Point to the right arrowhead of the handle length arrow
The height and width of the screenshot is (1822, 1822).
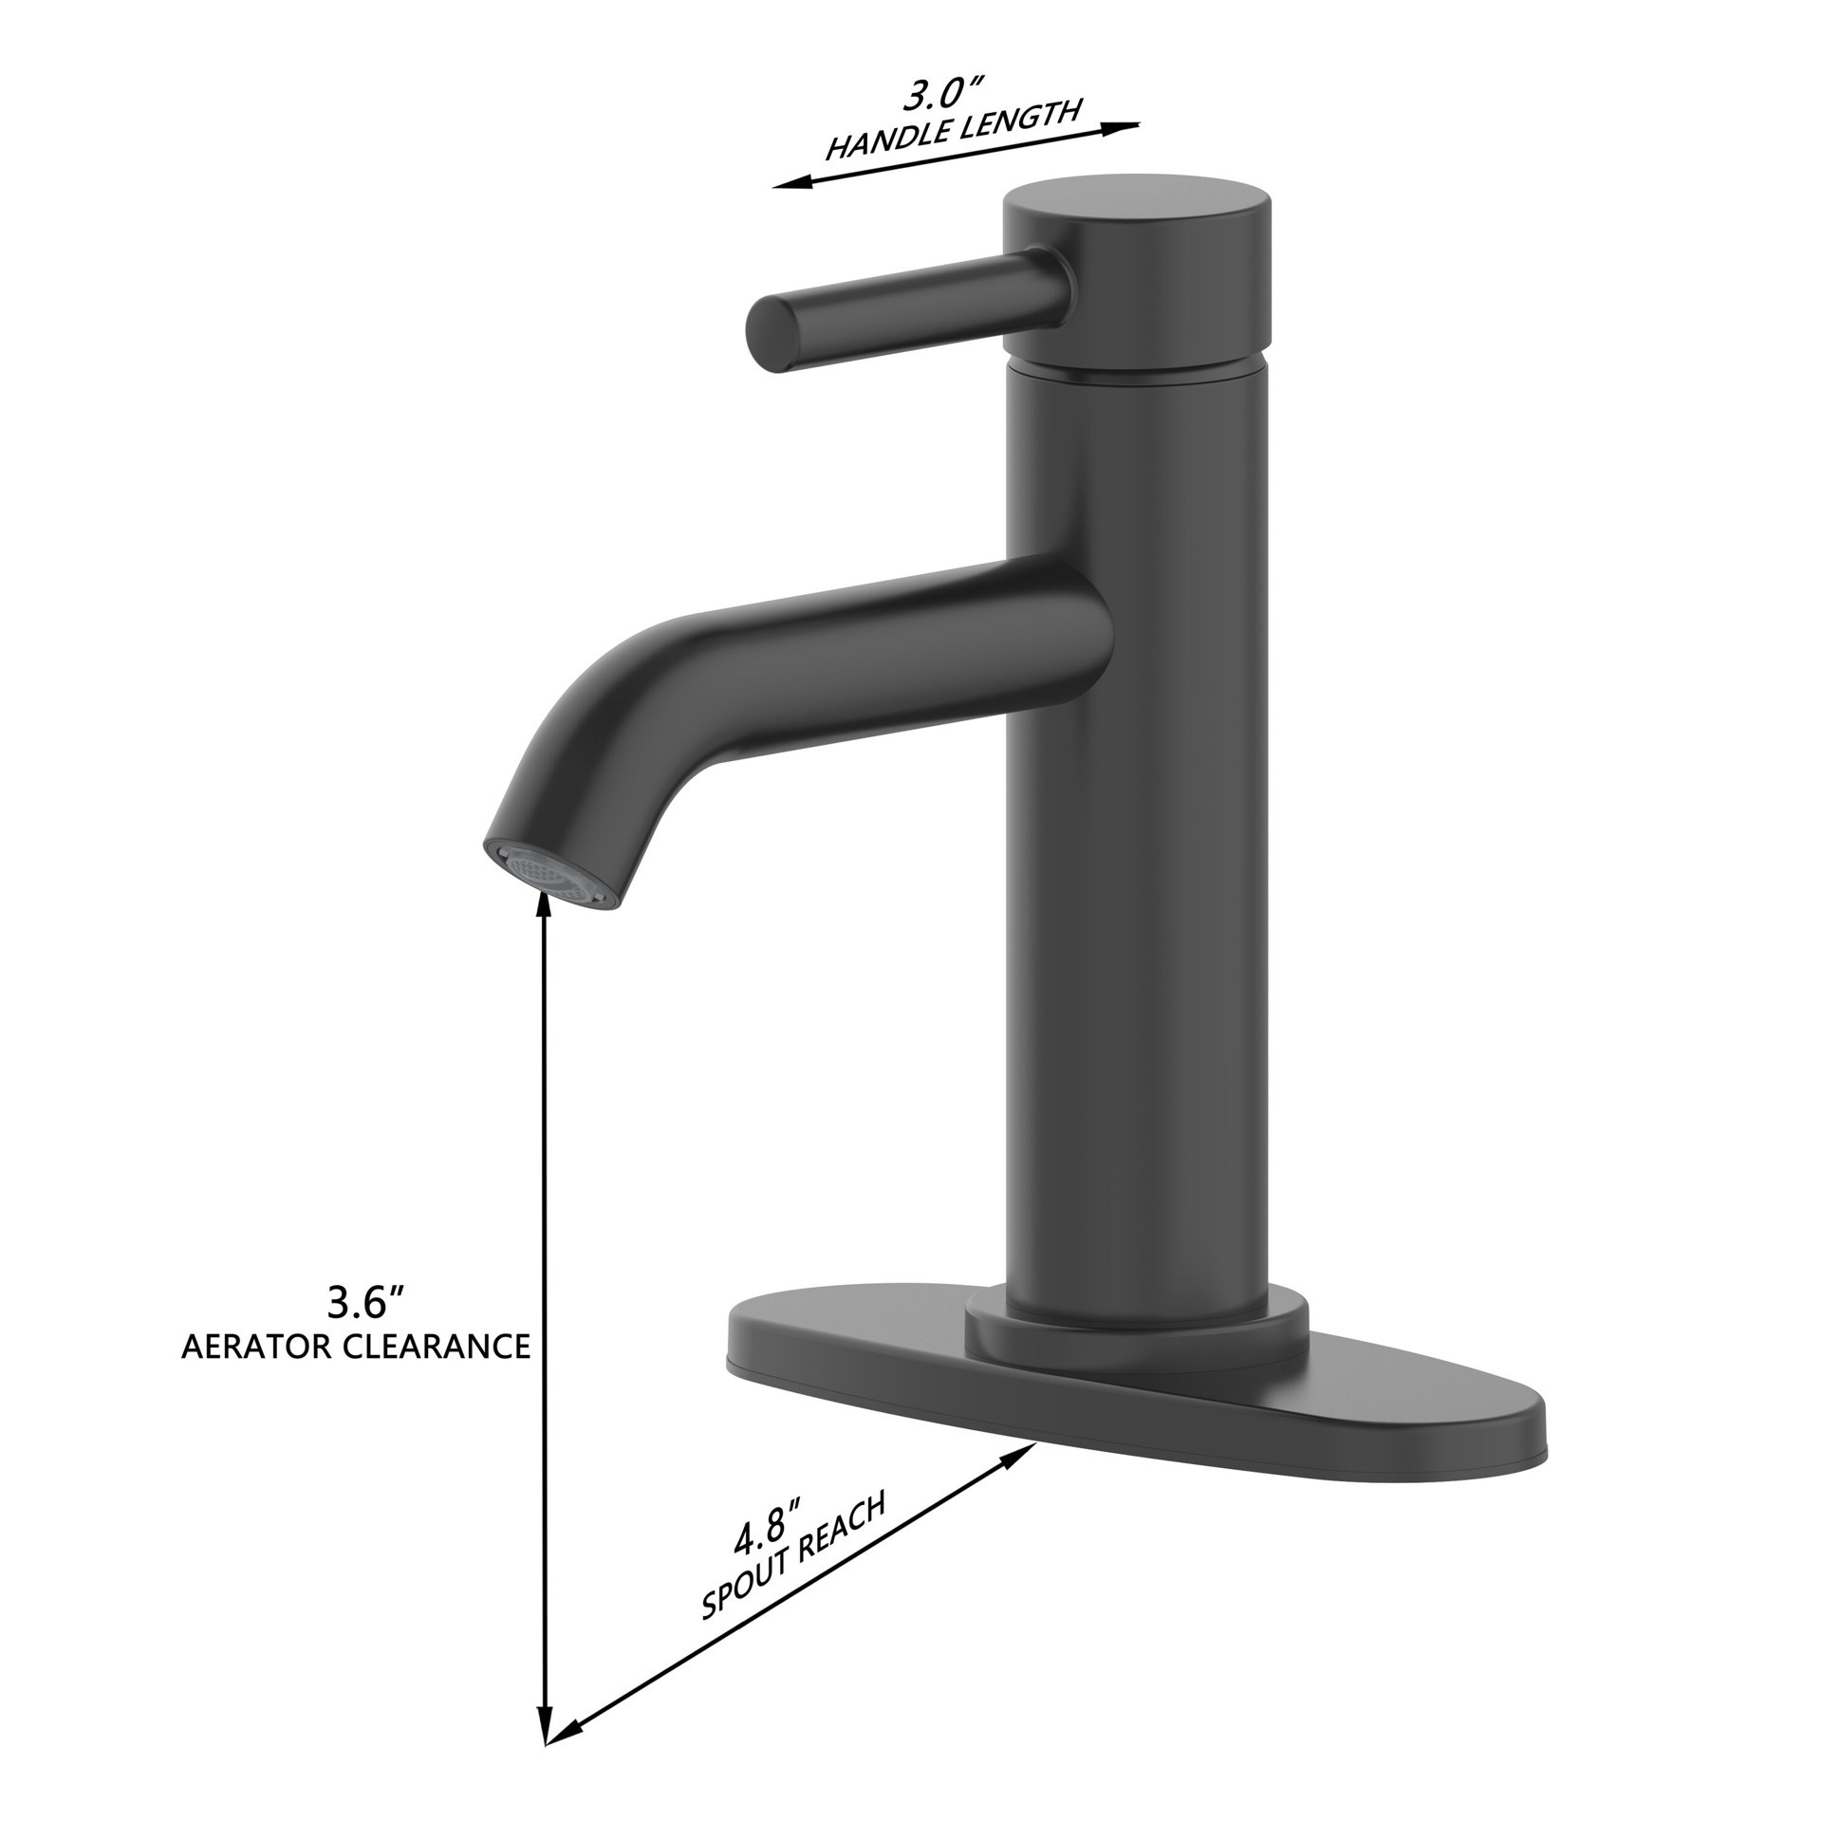1129,127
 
